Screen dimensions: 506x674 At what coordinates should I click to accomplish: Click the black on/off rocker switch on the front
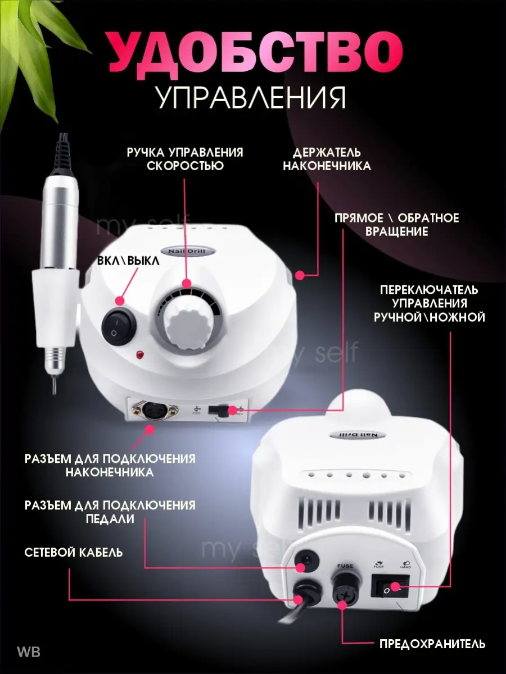(x=119, y=327)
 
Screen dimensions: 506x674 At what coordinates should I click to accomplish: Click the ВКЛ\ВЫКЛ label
(x=128, y=261)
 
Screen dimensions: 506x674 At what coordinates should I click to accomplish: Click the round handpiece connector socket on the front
(x=155, y=409)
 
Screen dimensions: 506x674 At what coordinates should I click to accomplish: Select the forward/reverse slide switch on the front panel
(x=219, y=409)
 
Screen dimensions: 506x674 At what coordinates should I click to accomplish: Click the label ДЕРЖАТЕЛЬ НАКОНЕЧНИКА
(x=327, y=159)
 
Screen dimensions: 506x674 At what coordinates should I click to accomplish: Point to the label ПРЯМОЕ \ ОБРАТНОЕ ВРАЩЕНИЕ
(x=396, y=225)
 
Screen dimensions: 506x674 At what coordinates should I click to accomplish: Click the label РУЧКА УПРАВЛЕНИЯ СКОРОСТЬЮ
(x=186, y=159)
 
